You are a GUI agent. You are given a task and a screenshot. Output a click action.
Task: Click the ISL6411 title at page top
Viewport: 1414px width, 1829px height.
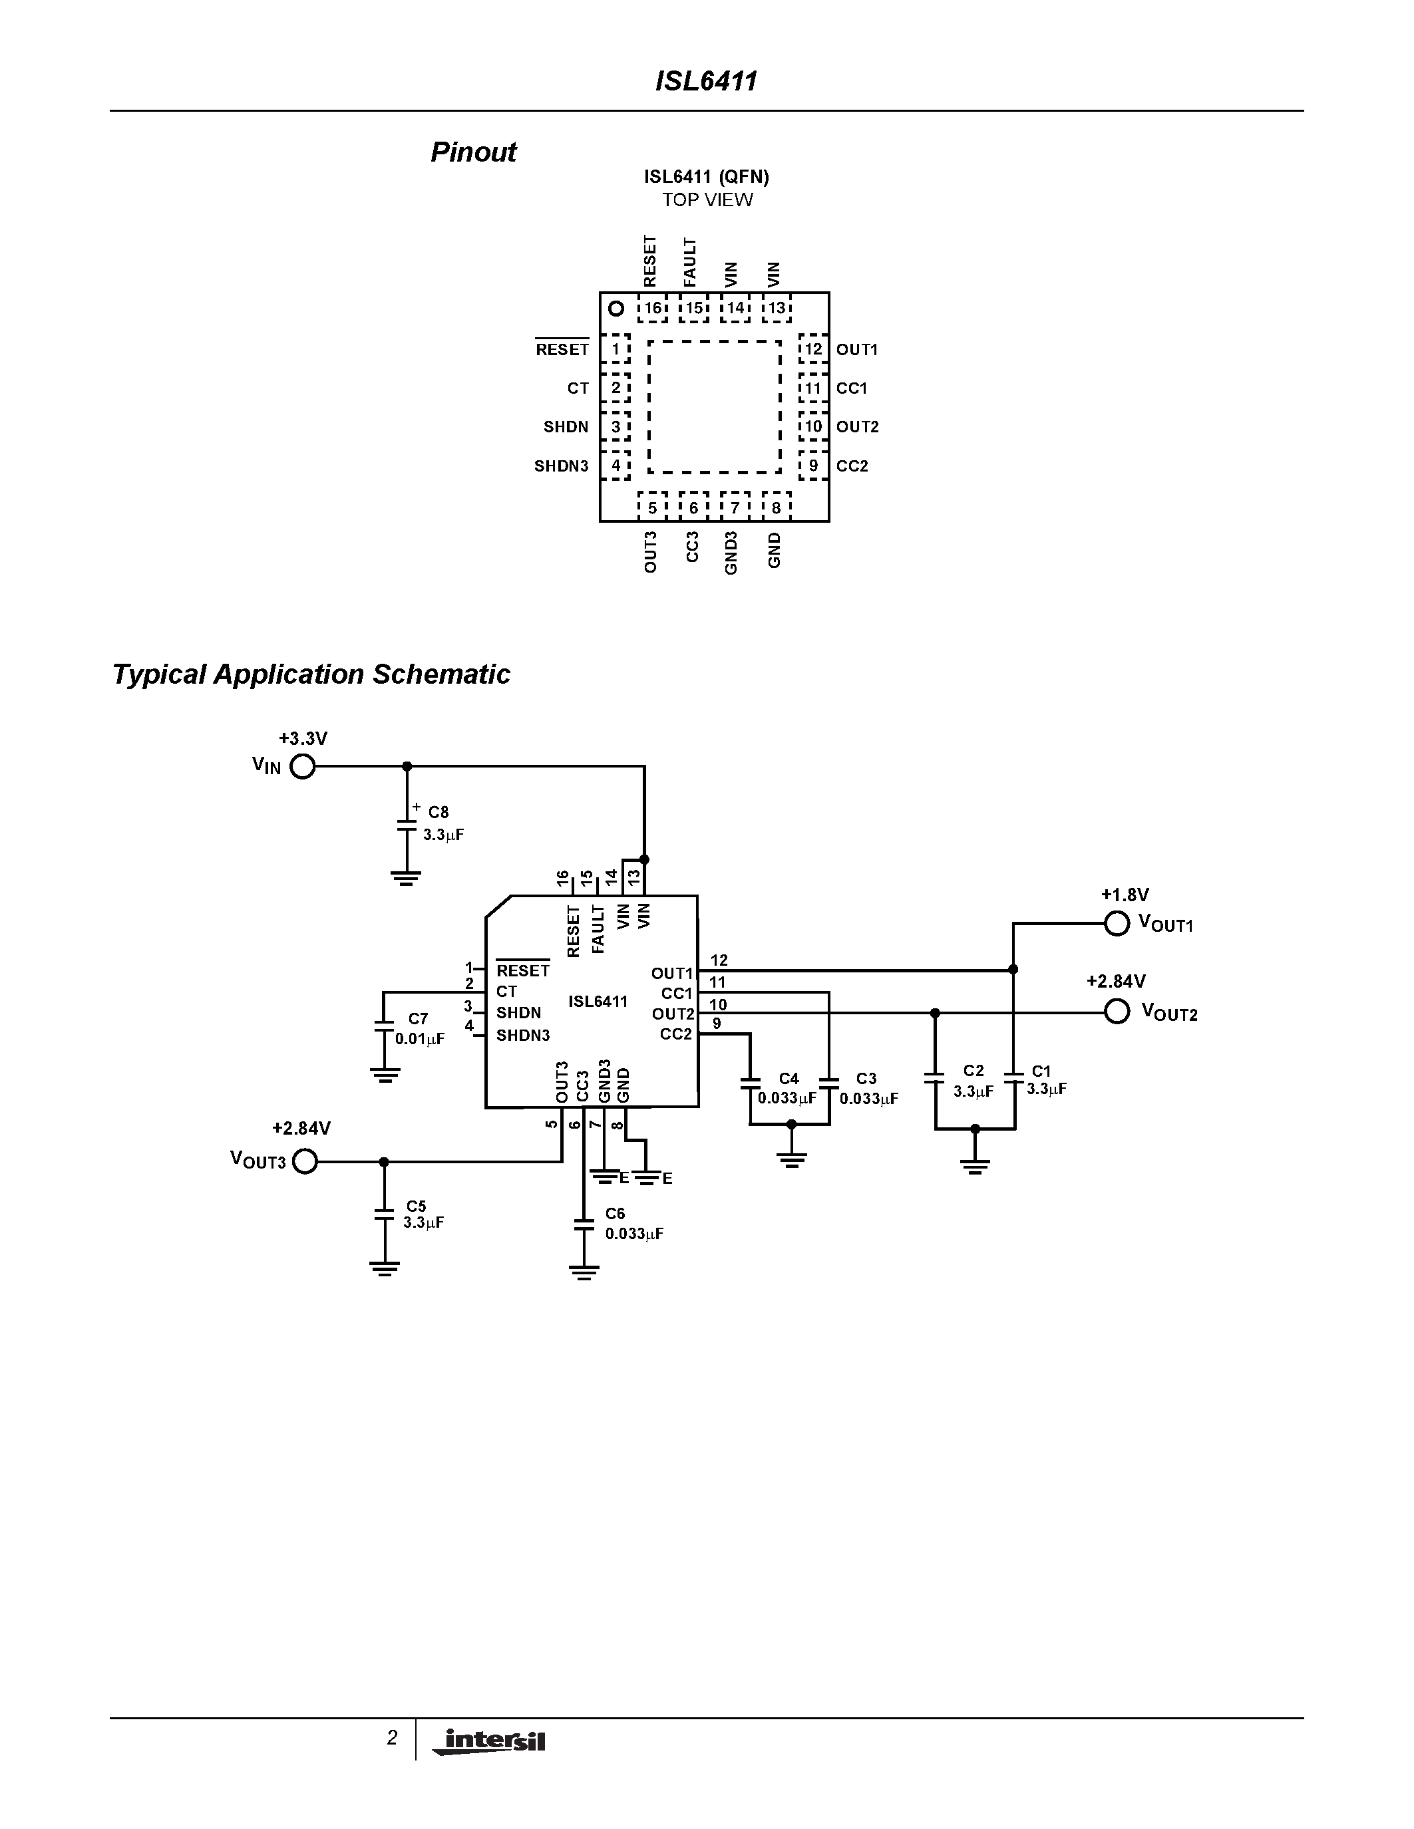point(706,81)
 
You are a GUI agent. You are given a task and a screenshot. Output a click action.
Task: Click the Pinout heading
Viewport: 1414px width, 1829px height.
point(472,152)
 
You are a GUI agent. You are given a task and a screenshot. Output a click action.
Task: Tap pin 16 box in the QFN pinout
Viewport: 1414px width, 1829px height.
point(653,308)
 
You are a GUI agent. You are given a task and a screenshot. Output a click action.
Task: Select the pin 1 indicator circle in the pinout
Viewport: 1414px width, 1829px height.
point(616,309)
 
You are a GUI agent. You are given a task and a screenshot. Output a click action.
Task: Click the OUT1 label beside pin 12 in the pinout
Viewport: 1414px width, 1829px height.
point(856,350)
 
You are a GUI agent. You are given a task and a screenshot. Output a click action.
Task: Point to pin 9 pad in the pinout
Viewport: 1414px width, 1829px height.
point(812,466)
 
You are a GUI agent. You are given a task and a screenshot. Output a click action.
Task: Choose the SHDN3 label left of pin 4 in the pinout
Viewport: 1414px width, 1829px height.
point(561,466)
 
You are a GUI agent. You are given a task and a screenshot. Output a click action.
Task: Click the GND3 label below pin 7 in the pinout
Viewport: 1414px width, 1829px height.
point(731,553)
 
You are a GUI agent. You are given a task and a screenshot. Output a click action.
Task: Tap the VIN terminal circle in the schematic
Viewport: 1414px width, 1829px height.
point(302,766)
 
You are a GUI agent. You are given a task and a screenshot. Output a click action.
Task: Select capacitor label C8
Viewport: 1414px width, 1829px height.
point(438,812)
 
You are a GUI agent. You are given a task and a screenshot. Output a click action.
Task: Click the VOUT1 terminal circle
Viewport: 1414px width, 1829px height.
point(1117,924)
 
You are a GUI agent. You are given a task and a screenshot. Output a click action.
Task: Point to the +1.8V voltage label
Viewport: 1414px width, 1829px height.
point(1124,895)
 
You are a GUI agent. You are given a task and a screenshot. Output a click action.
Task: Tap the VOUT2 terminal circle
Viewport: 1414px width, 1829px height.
point(1117,1012)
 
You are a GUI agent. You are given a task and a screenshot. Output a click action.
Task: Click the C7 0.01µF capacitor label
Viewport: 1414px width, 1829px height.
point(419,1028)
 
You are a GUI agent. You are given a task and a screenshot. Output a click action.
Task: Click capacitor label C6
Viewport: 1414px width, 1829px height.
point(615,1214)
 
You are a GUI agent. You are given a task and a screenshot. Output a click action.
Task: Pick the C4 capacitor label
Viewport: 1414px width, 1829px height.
point(789,1079)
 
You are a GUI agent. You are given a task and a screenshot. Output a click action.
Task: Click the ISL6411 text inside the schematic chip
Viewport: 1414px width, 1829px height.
point(598,1002)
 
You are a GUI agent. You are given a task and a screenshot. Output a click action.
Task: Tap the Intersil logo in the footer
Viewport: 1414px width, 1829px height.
point(490,1741)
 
